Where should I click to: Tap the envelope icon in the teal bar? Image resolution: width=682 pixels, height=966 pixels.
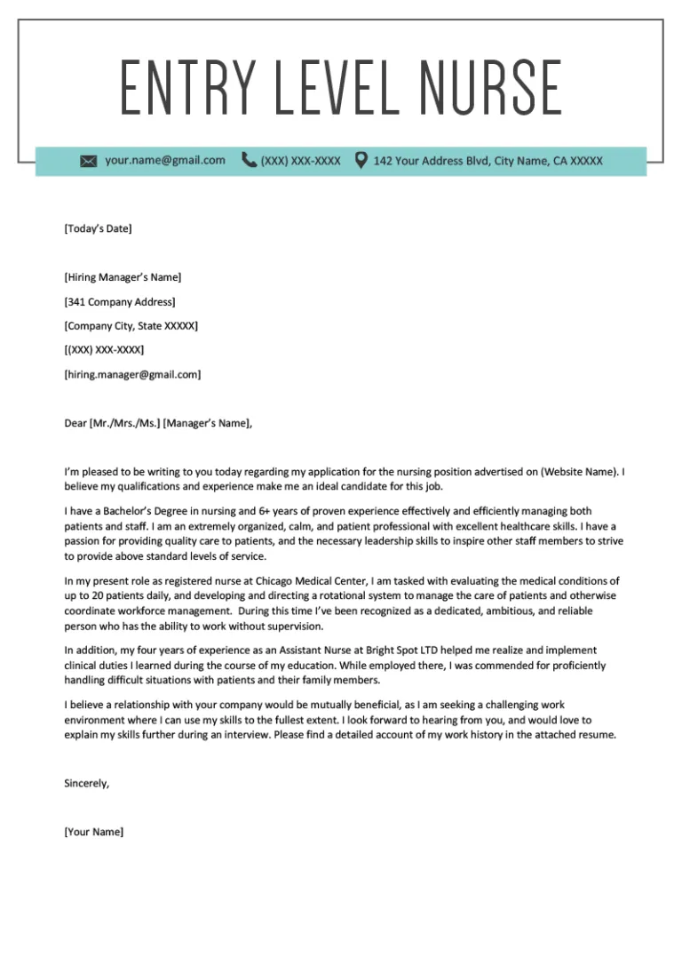tap(88, 161)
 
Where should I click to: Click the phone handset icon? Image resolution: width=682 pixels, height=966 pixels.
tap(249, 160)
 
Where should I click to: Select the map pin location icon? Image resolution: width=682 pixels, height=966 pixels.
tap(361, 160)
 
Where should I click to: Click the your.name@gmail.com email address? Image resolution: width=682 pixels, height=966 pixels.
tap(165, 160)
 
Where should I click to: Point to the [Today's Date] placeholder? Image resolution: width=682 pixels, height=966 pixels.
tap(98, 228)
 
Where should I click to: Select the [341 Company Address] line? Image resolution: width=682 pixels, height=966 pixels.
tap(120, 302)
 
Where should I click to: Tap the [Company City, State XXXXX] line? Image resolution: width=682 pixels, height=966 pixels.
tap(131, 326)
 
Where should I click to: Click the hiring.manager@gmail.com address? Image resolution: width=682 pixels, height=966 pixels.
tap(132, 374)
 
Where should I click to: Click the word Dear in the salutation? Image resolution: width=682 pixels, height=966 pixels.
tap(75, 423)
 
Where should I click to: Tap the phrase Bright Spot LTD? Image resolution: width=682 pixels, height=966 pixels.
tap(387, 650)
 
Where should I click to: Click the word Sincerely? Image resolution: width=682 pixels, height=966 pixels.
tap(87, 783)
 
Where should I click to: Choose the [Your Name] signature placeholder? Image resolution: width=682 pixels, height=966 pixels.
tap(94, 832)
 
